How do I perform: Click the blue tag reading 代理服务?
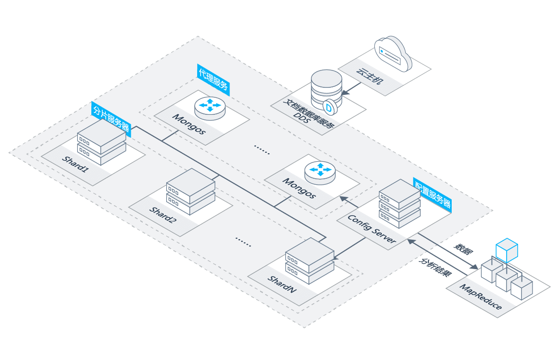(213, 80)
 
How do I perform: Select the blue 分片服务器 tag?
(111, 119)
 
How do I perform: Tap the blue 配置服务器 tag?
(433, 195)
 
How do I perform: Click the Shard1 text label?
(75, 164)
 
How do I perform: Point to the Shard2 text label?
(163, 215)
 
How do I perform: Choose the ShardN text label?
(282, 284)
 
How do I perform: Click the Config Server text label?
(372, 229)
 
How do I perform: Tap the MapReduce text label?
(481, 296)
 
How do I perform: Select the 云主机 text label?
(370, 76)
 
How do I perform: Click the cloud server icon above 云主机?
(393, 53)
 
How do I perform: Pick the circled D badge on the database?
(329, 107)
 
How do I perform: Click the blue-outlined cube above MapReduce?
(507, 250)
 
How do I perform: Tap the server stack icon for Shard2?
(191, 191)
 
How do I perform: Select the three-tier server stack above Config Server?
(399, 204)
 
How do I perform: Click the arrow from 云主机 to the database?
(351, 88)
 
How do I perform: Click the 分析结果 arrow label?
(435, 267)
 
